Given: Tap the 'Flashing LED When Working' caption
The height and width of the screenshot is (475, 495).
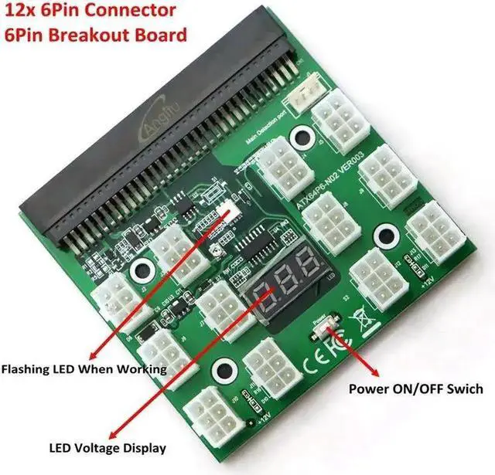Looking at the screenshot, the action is pyautogui.click(x=84, y=370).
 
